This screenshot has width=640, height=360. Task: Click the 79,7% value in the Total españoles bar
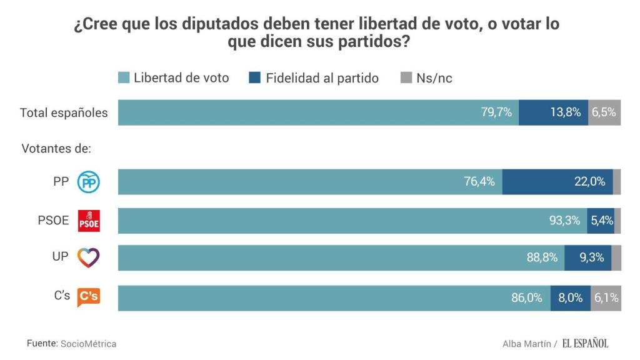click(496, 112)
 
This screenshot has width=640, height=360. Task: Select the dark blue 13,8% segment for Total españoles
click(553, 112)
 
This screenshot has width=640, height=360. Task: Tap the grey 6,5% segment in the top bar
click(604, 112)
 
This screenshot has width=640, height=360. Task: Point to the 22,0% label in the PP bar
click(589, 182)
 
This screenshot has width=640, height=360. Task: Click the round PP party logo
click(88, 182)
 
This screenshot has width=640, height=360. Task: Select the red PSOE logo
click(88, 221)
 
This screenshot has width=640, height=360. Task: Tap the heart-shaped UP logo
click(88, 257)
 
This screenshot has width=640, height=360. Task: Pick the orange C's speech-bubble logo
click(88, 297)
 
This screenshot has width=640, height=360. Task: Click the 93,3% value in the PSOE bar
click(564, 221)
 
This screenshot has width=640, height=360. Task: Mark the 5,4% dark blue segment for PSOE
click(601, 221)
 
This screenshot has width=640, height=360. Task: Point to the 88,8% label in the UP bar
click(542, 257)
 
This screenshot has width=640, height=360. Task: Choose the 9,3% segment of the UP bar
click(588, 257)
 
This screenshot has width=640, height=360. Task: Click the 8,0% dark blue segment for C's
click(570, 298)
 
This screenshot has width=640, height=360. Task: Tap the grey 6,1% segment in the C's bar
click(606, 298)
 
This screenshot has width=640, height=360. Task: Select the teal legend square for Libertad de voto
click(124, 78)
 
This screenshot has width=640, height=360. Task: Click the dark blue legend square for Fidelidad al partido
click(255, 78)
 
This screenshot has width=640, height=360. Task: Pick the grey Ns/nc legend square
click(406, 78)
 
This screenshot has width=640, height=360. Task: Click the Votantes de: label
click(56, 149)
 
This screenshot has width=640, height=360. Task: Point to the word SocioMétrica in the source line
click(88, 344)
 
